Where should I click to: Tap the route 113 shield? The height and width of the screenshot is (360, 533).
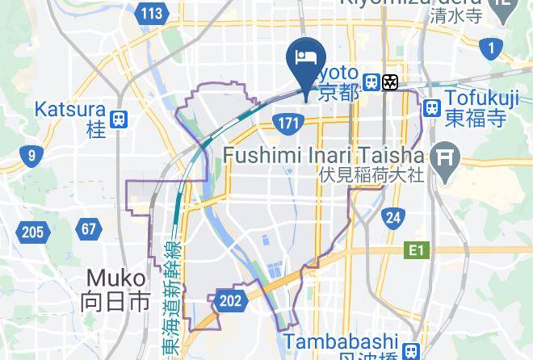coord(152,13)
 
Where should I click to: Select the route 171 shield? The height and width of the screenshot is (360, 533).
coord(288,123)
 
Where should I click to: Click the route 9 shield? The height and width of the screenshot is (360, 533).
coord(31,156)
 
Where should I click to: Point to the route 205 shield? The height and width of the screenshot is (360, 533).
coord(32,233)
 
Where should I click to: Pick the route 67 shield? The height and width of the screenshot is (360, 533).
coord(88,228)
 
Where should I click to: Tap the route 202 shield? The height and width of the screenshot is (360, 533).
coord(230,301)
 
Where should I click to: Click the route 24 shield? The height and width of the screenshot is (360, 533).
coord(393,216)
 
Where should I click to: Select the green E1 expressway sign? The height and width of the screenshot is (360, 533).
coord(415,251)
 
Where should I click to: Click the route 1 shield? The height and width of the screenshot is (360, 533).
coord(490,48)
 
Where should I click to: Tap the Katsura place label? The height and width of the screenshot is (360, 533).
coord(70,109)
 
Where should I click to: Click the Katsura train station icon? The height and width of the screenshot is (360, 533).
coord(119,119)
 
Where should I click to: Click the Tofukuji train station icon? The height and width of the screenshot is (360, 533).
coord(431,107)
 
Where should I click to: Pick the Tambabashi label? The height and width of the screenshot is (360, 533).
coord(352,342)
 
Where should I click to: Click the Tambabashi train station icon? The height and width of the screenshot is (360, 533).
coord(412,350)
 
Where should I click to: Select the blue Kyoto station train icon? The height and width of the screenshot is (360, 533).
coord(371,82)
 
